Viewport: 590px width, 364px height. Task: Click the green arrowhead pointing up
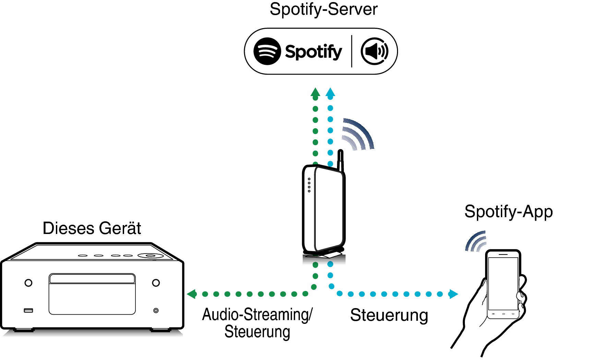315,92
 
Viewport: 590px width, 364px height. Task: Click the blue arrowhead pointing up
330,92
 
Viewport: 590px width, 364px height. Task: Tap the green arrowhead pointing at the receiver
191,294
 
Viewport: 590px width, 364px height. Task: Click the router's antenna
340,161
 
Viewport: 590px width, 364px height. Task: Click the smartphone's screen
503,283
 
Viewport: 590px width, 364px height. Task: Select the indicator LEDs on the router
309,185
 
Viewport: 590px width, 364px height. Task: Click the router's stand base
324,256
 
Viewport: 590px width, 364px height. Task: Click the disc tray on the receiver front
92,294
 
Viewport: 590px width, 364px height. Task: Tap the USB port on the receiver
28,310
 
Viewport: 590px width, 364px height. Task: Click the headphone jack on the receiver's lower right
156,310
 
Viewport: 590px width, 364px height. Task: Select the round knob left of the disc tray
28,283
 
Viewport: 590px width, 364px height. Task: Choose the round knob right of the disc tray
156,283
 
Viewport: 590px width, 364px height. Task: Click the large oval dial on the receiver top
150,256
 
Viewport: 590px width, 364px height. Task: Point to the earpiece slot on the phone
503,255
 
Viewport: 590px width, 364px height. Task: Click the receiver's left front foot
24,330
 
